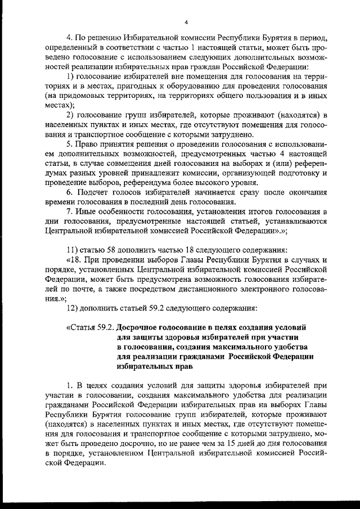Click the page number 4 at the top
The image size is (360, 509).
(184, 22)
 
